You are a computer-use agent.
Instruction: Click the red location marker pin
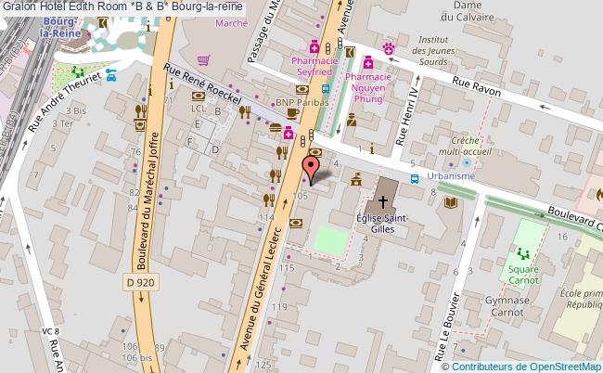coord(312,169)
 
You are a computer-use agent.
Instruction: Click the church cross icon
coord(382,199)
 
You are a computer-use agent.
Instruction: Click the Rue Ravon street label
coord(476,87)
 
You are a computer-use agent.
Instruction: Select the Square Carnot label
coord(523,276)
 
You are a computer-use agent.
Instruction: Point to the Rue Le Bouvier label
coord(454,319)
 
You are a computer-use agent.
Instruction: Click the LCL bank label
coord(197,108)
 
